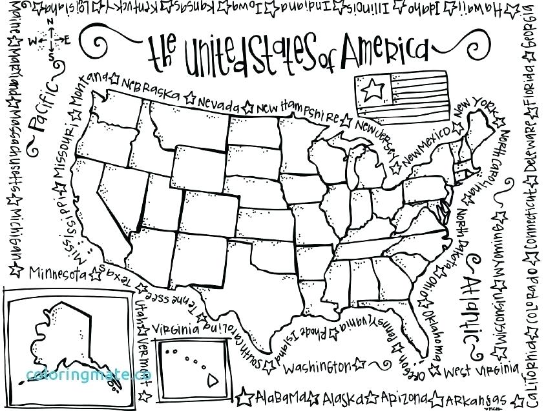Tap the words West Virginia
point(482,371)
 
